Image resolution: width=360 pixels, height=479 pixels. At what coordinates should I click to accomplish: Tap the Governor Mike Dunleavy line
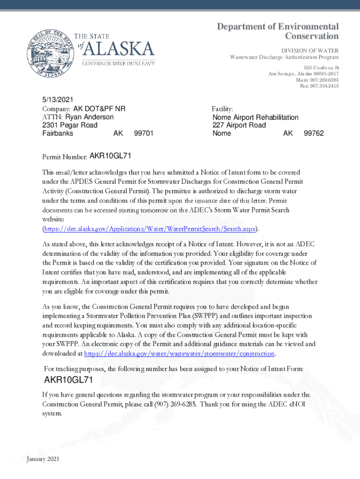[119, 64]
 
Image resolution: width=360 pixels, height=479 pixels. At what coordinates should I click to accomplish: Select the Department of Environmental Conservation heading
[278, 31]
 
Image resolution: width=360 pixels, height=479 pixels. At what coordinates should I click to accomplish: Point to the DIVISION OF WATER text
[310, 51]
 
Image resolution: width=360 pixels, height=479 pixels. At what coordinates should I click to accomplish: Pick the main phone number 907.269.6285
[317, 80]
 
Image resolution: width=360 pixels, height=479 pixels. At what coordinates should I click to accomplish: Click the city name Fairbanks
[58, 133]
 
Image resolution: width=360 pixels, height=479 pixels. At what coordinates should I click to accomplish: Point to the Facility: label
[222, 109]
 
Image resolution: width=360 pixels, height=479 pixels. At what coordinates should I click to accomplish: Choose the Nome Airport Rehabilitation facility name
[255, 117]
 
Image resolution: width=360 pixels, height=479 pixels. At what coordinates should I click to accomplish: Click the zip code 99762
[313, 133]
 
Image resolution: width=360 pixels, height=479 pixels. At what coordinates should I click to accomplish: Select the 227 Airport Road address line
[239, 125]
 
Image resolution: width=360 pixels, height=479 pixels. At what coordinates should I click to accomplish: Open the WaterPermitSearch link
[150, 229]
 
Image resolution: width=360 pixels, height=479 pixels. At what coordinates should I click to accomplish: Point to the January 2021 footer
[43, 460]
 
